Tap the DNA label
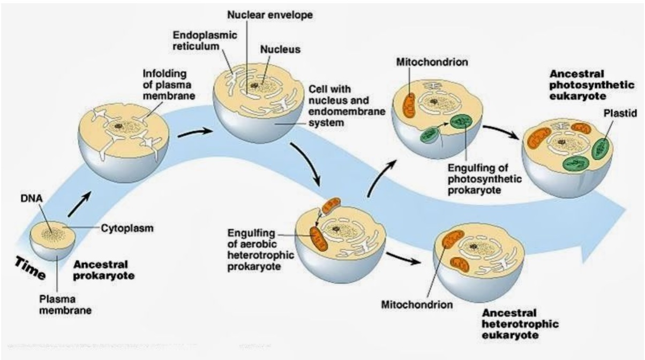(32, 198)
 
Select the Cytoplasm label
(127, 228)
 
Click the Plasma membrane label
(65, 305)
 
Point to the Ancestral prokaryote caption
(104, 270)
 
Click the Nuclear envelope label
(270, 14)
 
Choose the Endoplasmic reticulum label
(205, 41)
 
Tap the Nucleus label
(280, 49)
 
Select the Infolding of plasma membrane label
(169, 85)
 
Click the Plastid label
(620, 113)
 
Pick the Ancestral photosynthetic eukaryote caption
(592, 85)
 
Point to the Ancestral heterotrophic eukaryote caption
(520, 324)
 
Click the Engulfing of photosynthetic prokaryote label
(485, 179)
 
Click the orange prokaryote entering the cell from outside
(331, 206)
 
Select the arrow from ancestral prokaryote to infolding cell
(79, 205)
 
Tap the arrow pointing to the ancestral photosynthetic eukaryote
(501, 132)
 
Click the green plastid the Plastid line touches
(600, 149)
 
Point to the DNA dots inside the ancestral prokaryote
(52, 235)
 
